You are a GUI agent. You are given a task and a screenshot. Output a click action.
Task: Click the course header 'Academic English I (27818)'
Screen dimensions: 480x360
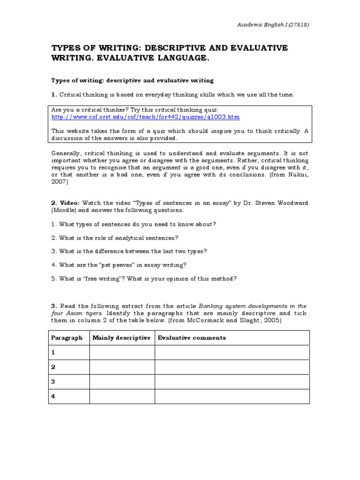point(272,24)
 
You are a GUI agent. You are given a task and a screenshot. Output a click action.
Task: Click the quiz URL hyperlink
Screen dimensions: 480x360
point(139,117)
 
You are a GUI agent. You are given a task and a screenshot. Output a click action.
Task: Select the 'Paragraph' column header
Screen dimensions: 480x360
point(67,337)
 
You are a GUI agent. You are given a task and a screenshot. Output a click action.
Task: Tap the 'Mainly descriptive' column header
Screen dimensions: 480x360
point(121,337)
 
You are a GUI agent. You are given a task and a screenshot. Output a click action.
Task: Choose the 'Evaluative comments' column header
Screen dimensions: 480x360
point(192,337)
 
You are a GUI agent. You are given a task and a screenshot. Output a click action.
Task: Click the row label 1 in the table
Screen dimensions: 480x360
point(53,352)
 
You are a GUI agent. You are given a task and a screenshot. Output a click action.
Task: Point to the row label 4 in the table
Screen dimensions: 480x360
point(53,396)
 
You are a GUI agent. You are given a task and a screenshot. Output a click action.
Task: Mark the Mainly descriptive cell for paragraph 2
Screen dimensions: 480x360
point(122,367)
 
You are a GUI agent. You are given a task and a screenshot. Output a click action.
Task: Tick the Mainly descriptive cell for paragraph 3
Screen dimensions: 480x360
point(122,382)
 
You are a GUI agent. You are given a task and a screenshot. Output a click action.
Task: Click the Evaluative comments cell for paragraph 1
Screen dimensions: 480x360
point(232,352)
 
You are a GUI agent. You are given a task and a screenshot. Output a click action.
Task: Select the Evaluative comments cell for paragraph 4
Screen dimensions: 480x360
point(232,396)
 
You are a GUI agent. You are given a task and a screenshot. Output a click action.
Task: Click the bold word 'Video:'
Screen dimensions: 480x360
point(69,203)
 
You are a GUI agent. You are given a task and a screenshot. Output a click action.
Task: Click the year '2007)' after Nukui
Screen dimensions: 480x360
point(59,181)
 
